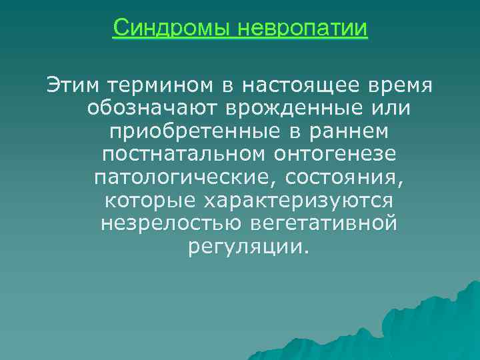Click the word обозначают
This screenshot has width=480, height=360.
155,108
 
